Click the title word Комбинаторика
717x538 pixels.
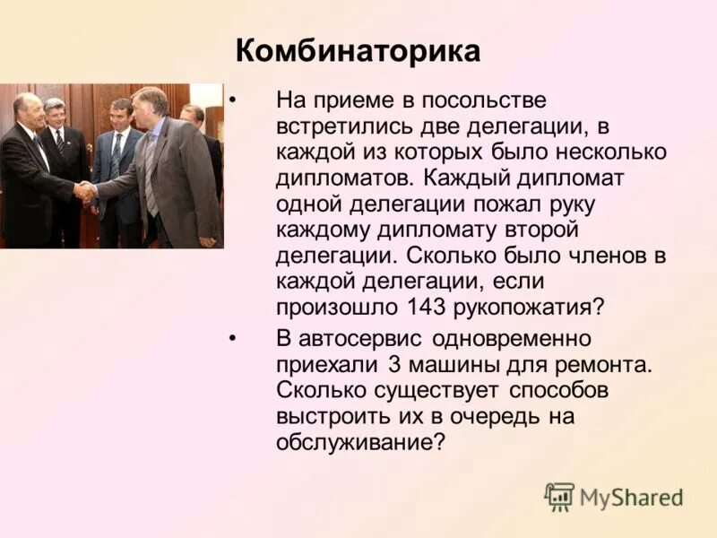(x=358, y=50)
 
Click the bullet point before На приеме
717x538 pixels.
(x=232, y=100)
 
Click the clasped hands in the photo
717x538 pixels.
(x=85, y=190)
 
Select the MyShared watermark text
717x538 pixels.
(x=631, y=498)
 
